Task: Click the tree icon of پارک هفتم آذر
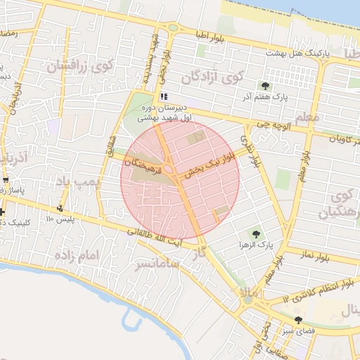[264, 85]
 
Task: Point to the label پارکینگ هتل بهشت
[297, 53]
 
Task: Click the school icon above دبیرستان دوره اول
[164, 97]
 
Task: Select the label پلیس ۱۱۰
[60, 219]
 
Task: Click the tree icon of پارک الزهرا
[255, 233]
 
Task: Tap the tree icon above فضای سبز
[298, 320]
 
